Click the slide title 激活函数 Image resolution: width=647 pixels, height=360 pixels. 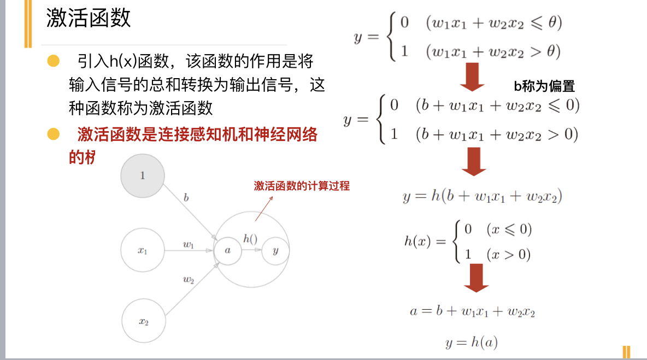89,19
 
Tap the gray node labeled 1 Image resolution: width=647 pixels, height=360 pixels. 142,176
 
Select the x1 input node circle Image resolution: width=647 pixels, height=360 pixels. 143,250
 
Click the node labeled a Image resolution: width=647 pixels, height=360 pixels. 228,250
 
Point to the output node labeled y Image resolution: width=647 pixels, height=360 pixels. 275,250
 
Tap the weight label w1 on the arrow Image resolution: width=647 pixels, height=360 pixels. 189,244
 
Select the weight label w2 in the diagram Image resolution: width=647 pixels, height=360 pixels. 189,280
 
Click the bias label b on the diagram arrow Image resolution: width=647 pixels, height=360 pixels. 186,198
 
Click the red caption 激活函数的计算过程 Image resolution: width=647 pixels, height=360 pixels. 302,186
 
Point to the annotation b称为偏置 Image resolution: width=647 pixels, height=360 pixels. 544,86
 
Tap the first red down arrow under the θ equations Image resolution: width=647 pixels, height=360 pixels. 472,77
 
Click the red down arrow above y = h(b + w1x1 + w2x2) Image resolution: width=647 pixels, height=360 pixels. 473,162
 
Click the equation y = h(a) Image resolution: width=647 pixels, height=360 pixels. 472,343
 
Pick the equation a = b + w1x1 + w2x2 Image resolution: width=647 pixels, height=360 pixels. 472,311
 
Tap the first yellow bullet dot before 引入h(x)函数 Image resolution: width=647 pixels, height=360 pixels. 53,60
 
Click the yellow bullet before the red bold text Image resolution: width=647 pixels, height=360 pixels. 53,133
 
